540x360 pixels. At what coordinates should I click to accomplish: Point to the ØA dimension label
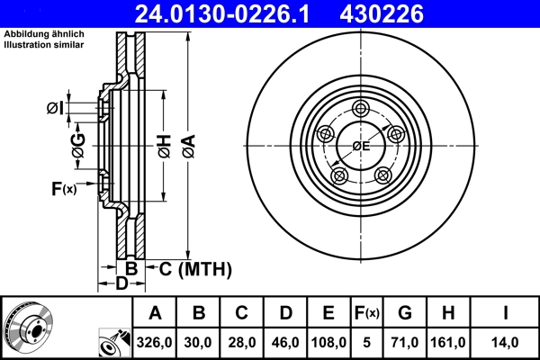[187, 143]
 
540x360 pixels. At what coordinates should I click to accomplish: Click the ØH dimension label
[163, 143]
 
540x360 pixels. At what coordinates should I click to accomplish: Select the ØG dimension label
[78, 143]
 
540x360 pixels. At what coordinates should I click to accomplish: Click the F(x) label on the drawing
[64, 188]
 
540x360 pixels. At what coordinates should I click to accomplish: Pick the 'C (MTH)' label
[195, 268]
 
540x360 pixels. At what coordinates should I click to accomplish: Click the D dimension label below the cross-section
[121, 284]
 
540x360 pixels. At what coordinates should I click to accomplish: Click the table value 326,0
[155, 341]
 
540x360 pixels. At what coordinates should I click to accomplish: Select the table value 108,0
[328, 341]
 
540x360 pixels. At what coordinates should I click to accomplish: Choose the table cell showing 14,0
[507, 341]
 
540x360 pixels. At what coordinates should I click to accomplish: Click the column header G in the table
[404, 313]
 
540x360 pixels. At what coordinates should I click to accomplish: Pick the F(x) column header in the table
[366, 313]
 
